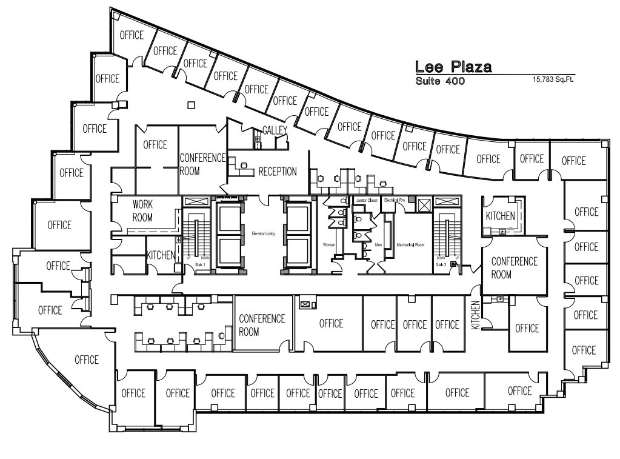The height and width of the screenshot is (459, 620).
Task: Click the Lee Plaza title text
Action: pyautogui.click(x=453, y=67)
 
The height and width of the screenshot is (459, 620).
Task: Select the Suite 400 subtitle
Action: pyautogui.click(x=440, y=81)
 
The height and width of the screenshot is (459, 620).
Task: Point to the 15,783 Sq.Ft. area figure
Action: pyautogui.click(x=553, y=79)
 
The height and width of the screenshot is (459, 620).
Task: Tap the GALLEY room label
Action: pyautogui.click(x=274, y=130)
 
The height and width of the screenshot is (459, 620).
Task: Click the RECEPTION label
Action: pyautogui.click(x=278, y=172)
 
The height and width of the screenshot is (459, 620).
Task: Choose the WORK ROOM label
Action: pyautogui.click(x=143, y=211)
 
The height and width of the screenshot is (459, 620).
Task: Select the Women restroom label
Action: pyautogui.click(x=329, y=245)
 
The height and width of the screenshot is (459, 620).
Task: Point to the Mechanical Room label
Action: pyautogui.click(x=410, y=245)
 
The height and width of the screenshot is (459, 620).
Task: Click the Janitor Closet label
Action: pyautogui.click(x=367, y=200)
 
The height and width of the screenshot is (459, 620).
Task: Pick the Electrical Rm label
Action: pyautogui.click(x=393, y=200)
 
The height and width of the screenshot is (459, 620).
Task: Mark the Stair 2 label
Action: pyautogui.click(x=441, y=264)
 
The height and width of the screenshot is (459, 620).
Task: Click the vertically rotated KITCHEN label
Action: pyautogui.click(x=476, y=315)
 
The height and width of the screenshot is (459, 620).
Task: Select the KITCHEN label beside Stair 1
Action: pyautogui.click(x=161, y=255)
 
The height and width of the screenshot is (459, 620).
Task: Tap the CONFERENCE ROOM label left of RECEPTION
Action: pyautogui.click(x=202, y=164)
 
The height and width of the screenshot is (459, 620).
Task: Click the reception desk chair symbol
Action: pyautogui.click(x=244, y=164)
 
